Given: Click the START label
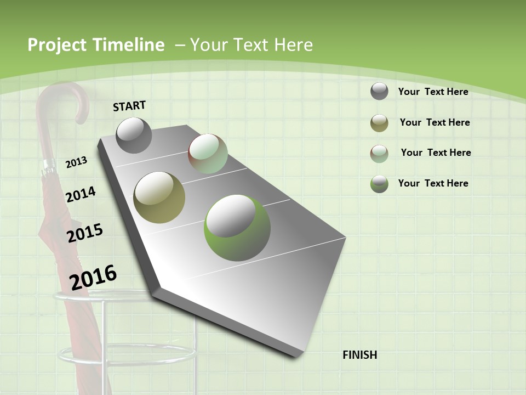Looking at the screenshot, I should (129, 106).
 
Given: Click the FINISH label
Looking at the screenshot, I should (360, 355).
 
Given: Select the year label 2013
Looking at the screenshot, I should (77, 162).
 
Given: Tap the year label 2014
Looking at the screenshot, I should (81, 194).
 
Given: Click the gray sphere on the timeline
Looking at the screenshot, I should (134, 135).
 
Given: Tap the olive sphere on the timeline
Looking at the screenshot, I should (159, 196).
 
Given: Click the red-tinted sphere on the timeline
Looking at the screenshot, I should (208, 154).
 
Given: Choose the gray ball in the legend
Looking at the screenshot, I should (379, 91).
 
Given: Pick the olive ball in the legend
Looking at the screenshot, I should (379, 123).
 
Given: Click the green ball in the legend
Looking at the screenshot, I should (379, 184).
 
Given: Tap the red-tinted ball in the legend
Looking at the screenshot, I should (379, 154).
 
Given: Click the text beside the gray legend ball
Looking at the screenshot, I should (433, 92).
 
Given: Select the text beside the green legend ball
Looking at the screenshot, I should (433, 183).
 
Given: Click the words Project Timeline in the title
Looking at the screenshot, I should (96, 45).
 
